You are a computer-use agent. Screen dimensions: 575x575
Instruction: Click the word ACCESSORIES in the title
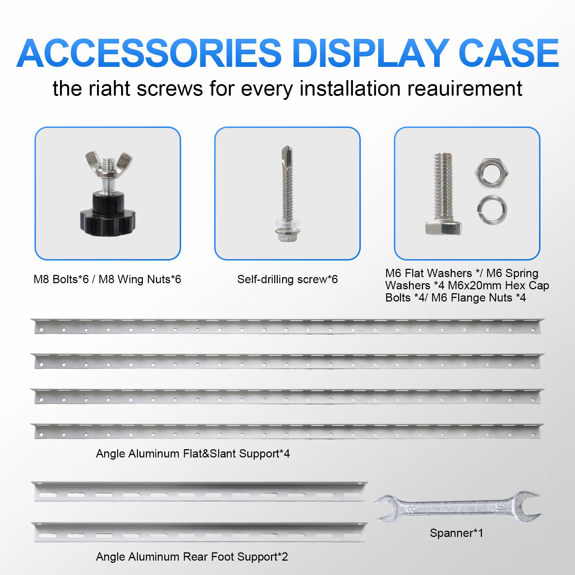point(149,54)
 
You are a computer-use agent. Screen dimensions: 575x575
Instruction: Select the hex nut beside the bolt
point(492,173)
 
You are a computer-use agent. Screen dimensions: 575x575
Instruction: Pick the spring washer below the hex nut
point(492,210)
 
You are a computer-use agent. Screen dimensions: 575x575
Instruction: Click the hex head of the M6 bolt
point(443,227)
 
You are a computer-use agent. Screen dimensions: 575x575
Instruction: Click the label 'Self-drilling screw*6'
point(287,279)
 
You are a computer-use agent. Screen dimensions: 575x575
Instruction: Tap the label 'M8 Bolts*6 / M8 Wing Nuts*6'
point(107,279)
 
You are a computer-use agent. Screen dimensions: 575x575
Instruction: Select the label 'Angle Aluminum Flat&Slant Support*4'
point(193,454)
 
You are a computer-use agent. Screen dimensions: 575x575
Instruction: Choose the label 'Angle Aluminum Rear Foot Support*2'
point(192,557)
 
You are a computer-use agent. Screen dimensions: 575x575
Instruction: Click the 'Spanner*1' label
point(456,533)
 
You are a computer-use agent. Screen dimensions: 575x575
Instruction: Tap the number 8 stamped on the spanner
point(412,509)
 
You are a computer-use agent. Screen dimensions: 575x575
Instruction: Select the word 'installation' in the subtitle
point(350,89)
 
